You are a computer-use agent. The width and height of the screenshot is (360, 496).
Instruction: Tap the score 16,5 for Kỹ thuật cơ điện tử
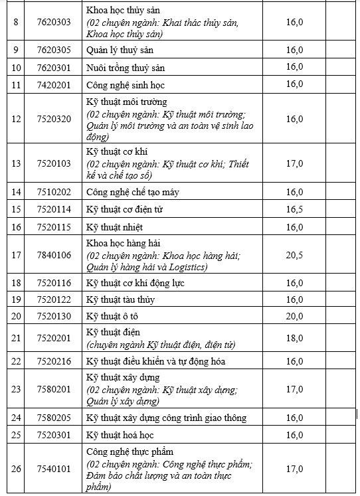coord(294,209)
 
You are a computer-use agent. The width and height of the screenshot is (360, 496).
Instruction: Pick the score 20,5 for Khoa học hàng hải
coord(294,255)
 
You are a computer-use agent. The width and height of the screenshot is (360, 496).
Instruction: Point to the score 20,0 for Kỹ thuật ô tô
coord(294,316)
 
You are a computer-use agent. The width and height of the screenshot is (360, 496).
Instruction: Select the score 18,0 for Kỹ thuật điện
coord(294,338)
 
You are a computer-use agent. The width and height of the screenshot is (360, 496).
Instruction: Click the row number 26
coord(16,469)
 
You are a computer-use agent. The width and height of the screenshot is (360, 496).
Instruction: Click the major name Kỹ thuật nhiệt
coord(115,227)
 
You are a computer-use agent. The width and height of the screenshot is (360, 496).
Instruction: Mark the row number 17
coord(16,255)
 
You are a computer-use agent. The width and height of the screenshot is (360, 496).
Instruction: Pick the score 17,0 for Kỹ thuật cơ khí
coord(294,163)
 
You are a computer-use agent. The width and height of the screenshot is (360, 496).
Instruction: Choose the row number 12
coord(16,119)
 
